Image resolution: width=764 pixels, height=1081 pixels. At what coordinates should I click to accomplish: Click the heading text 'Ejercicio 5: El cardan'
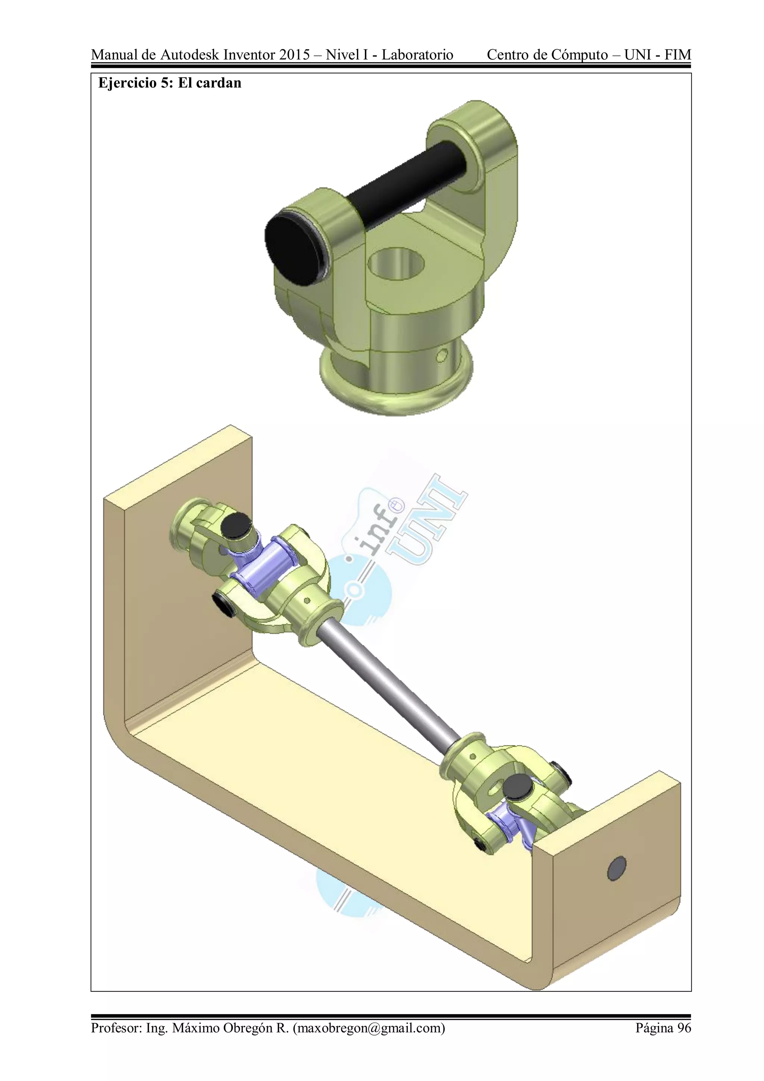169,83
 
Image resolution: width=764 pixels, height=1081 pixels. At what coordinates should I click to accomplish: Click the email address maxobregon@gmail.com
368,1027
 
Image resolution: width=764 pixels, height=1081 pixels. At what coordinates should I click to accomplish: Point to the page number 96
684,1027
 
